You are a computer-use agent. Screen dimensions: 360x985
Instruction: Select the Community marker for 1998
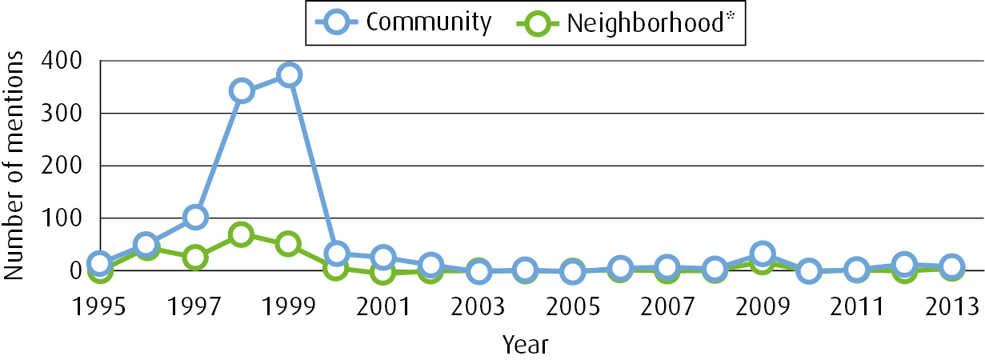[242, 90]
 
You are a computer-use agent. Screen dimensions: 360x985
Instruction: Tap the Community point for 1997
[194, 217]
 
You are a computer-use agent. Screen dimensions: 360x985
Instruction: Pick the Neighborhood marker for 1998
[242, 234]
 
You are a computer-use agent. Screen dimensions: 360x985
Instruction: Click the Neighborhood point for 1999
[289, 244]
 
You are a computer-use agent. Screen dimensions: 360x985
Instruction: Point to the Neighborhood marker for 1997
[194, 258]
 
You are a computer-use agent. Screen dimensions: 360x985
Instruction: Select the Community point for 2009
[762, 254]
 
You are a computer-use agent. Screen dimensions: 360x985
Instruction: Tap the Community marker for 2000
[336, 254]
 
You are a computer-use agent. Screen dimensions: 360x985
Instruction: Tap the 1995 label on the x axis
[99, 308]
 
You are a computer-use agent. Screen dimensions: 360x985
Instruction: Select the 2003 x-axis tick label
[478, 308]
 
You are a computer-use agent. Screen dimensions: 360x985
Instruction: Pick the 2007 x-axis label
[667, 308]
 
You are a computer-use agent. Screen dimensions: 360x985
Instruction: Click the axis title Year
[525, 344]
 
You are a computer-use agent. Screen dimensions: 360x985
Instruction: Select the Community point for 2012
[903, 265]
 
